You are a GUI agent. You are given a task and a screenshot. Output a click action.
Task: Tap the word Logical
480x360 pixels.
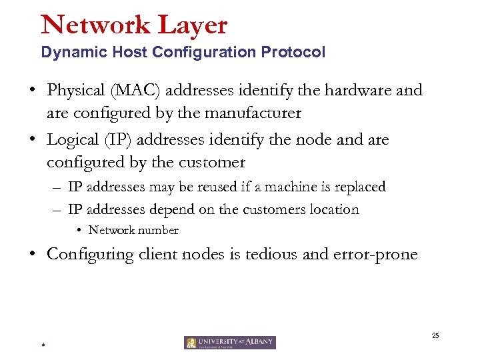[75, 140]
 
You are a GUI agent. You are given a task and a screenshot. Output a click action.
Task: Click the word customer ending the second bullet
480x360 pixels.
[212, 162]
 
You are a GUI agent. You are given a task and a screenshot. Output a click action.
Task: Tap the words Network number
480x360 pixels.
[133, 230]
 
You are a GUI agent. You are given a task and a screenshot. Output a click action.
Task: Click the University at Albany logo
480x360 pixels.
[230, 343]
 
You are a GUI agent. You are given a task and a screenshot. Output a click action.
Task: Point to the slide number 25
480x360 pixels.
[435, 335]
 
